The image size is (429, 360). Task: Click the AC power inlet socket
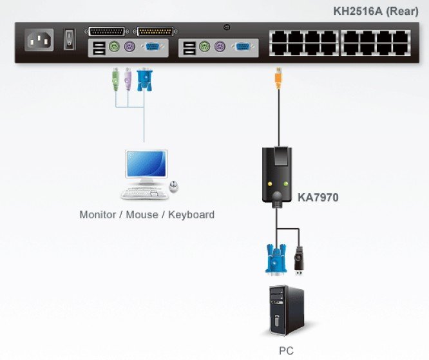coord(39,41)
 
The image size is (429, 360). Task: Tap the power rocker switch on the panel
coord(69,40)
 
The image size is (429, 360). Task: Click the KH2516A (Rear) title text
coord(376,11)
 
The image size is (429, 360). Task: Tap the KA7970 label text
coord(318,198)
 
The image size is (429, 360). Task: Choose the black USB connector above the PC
coord(298,258)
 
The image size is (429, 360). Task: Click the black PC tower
coord(286,310)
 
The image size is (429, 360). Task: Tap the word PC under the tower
coord(286,352)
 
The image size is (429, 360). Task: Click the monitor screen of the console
coord(146,166)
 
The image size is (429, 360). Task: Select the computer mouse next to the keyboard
coord(174,187)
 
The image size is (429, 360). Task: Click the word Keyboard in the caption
coord(191,214)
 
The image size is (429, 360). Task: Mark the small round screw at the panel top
coord(226,27)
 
